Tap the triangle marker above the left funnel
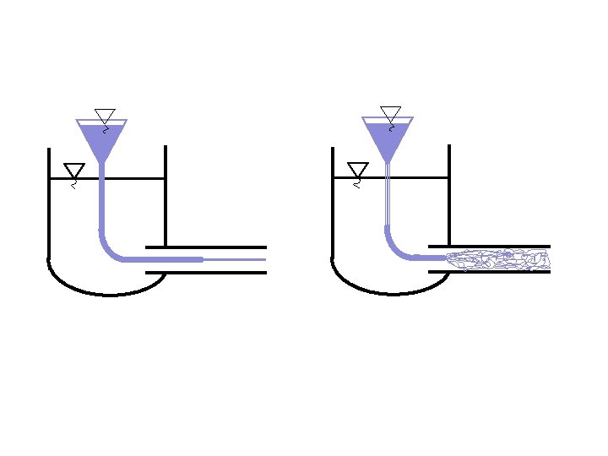coord(105,116)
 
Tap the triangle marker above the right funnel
coord(390,113)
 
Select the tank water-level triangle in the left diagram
coord(74,170)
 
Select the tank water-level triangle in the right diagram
coord(358,169)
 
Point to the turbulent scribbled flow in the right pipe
coord(498,258)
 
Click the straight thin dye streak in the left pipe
coord(236,259)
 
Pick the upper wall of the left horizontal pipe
coord(207,247)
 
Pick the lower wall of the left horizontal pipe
coord(207,273)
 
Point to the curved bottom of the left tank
coord(106,293)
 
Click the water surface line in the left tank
coord(135,178)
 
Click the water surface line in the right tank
coord(418,177)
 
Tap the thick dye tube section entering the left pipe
coord(169,259)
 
